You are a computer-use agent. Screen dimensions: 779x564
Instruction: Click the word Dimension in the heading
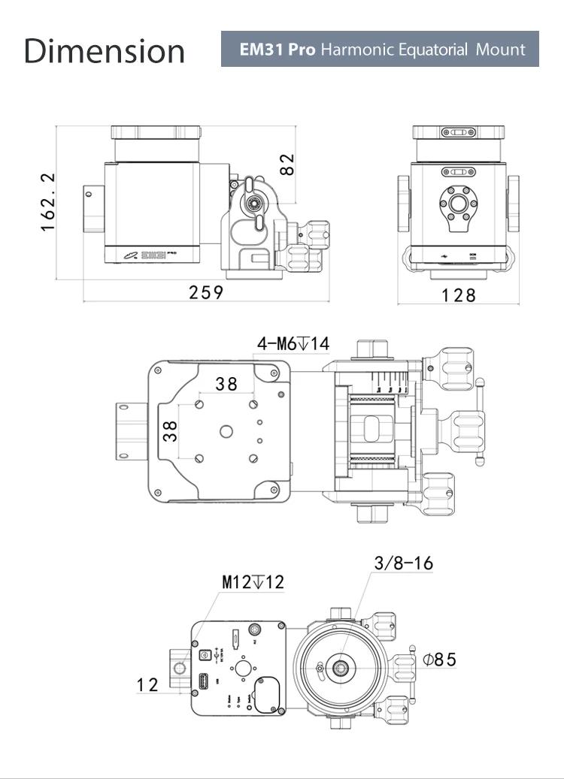(x=104, y=50)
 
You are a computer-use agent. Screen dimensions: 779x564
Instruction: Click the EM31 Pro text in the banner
(x=277, y=50)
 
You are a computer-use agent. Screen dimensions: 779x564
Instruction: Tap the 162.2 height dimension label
(x=48, y=201)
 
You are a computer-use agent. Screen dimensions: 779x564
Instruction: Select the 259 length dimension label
(x=206, y=292)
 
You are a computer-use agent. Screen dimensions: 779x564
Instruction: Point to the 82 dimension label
(x=287, y=165)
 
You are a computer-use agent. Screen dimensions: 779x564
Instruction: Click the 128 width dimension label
(x=459, y=294)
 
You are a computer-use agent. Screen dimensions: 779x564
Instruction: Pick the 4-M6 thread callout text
(x=293, y=344)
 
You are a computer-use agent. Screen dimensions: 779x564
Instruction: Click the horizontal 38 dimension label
(x=226, y=384)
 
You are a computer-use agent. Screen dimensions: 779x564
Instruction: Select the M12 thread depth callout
(x=253, y=582)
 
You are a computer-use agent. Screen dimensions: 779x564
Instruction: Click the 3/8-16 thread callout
(x=403, y=563)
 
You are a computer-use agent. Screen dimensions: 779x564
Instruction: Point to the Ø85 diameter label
(x=439, y=660)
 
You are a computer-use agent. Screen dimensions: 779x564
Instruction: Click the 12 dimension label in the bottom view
(x=147, y=684)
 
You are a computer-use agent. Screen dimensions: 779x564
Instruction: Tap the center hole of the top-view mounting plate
(x=226, y=431)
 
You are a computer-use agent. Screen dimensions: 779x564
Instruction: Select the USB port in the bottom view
(x=203, y=683)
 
